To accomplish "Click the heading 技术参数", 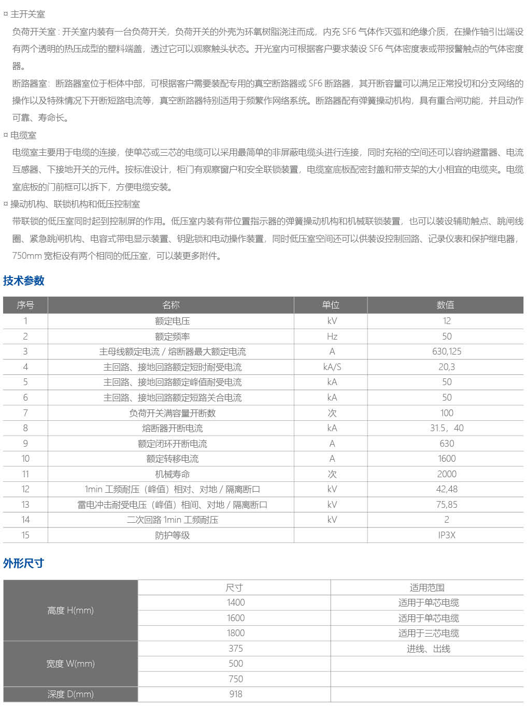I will point(24,281).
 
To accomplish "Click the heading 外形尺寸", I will point(24,563).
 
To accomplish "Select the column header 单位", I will point(331,305).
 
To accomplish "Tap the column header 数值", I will point(445,305).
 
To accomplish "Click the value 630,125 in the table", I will point(446,351).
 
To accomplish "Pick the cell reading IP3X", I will point(446,535).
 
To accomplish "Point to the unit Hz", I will point(332,336).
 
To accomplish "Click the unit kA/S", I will point(332,367).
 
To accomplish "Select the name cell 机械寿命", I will point(172,474).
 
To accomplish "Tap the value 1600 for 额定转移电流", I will point(446,459).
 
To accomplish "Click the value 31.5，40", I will point(446,428).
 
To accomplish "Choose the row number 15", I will point(25,535).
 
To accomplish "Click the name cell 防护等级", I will point(172,535).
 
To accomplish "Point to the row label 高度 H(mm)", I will point(70,610).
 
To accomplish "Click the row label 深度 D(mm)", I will point(70,694).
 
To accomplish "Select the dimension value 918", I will point(235,694).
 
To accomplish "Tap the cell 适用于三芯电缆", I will point(428,633).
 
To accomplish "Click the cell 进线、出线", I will point(428,649).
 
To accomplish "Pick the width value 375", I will point(235,649).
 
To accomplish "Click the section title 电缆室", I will point(23,135).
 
